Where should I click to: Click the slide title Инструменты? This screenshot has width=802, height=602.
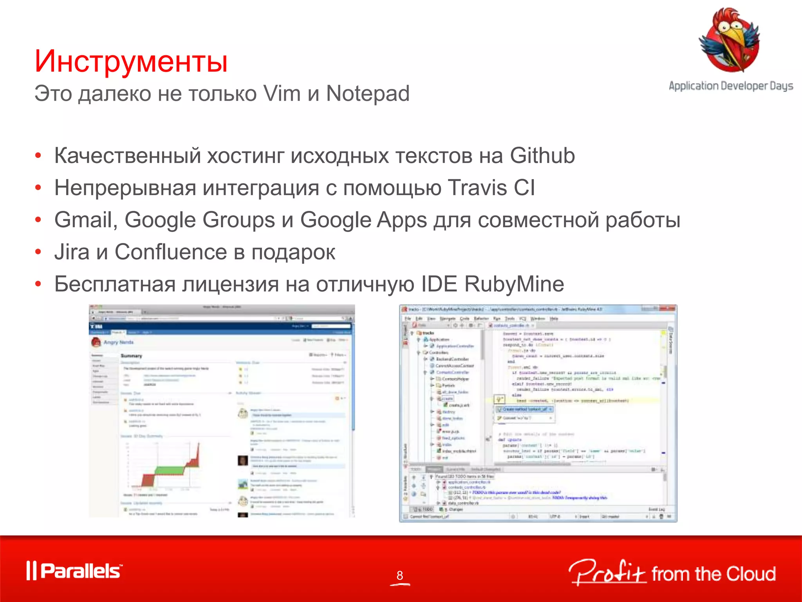131,61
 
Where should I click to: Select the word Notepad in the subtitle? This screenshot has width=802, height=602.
368,94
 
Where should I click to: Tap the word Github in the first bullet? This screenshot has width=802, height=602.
542,156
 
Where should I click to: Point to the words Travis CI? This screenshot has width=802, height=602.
491,188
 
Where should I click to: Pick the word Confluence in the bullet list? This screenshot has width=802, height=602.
171,252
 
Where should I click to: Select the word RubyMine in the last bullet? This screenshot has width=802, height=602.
514,284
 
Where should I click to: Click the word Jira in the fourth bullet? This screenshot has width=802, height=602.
72,252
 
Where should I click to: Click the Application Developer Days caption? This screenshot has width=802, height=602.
731,86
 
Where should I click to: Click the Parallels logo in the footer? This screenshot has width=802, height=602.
74,571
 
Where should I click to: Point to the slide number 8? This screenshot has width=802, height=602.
399,575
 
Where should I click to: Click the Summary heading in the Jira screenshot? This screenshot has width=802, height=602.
132,356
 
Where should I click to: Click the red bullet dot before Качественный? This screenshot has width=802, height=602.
38,156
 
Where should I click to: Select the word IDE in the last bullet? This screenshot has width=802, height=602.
439,284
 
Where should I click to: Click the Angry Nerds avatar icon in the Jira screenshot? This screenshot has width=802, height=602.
96,342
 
